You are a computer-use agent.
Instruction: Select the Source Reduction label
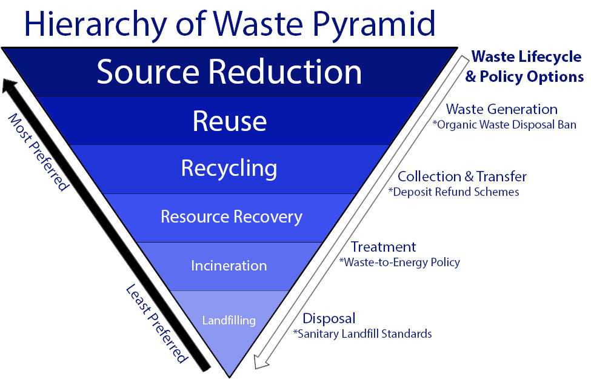(229, 72)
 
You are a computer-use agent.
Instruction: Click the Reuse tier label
(230, 121)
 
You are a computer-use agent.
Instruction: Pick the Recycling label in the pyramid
(229, 169)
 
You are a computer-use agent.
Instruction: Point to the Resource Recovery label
(232, 217)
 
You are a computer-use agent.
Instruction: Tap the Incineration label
(229, 266)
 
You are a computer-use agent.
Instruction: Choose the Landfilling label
(229, 321)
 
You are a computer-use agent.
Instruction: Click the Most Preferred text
(38, 152)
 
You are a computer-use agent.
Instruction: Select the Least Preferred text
(156, 324)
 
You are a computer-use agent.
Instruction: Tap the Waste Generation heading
(502, 109)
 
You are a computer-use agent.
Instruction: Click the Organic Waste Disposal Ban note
(504, 125)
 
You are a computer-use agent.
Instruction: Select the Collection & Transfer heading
(462, 176)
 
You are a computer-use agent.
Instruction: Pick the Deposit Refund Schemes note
(454, 192)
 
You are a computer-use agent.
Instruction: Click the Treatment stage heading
(383, 247)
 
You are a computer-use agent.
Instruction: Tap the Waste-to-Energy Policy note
(399, 263)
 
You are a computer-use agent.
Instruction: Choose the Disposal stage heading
(329, 318)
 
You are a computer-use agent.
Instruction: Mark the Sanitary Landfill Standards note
(362, 334)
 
